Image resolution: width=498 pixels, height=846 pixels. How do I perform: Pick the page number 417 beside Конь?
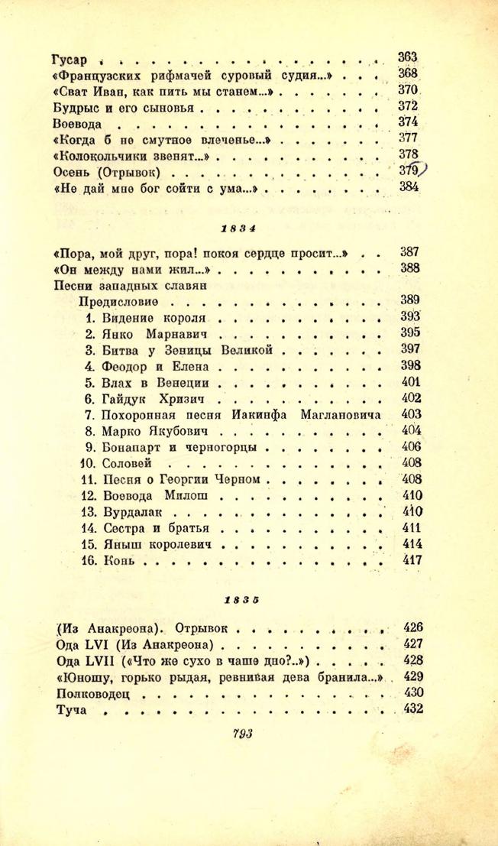point(411,559)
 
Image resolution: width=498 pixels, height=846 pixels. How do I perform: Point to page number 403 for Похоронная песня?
point(411,414)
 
